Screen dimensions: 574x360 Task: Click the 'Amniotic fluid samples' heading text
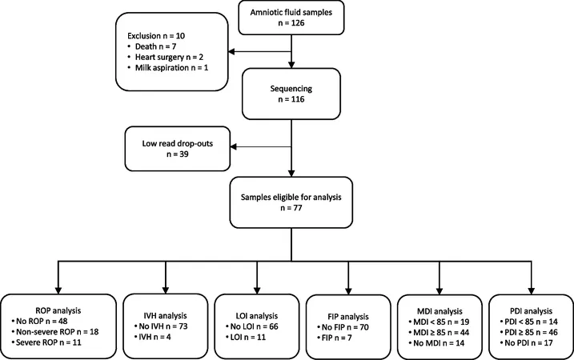[291, 13]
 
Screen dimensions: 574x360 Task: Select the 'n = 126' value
[291, 23]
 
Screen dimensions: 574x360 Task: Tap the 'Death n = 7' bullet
[155, 46]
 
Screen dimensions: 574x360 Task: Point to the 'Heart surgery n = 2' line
[169, 57]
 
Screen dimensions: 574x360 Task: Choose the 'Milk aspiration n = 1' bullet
[171, 68]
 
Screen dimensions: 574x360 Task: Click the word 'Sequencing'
[291, 89]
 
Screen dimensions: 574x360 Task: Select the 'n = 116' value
[291, 99]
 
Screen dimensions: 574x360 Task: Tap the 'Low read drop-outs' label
[178, 143]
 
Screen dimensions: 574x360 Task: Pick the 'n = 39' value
[178, 154]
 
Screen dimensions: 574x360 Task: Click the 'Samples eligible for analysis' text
[291, 197]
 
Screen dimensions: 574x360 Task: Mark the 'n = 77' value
[291, 208]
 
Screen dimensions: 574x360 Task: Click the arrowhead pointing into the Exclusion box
[231, 52]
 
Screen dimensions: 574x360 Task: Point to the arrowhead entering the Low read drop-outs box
[234, 146]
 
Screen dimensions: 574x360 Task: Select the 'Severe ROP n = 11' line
[48, 342]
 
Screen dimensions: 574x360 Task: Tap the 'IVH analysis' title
[165, 315]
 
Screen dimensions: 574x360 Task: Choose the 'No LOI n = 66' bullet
[254, 326]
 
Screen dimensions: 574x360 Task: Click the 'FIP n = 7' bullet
[336, 338]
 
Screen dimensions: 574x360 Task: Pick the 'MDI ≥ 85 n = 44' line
[441, 333]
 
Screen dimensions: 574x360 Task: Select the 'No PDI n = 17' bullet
[528, 343]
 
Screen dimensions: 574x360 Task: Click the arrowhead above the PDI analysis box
[531, 291]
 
